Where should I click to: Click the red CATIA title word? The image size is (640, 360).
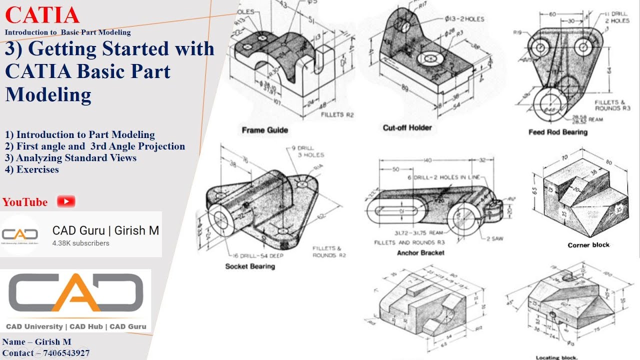42,15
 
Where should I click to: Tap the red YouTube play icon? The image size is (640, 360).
66,201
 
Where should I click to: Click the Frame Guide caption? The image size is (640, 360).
264,130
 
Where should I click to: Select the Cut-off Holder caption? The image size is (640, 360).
407,128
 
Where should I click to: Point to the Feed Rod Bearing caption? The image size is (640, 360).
557,132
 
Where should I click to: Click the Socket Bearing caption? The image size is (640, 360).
250,266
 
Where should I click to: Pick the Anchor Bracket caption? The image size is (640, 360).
420,253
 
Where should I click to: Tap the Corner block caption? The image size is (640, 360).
588,245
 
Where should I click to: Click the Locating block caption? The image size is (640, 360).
556,357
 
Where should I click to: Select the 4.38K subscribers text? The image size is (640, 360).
80,243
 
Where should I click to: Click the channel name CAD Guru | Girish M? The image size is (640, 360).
105,230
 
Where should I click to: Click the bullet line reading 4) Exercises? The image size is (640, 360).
32,169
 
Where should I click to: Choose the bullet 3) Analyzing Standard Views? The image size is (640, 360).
71,158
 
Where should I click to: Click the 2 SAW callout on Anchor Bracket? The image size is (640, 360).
495,239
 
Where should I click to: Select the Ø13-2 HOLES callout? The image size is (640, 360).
464,19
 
